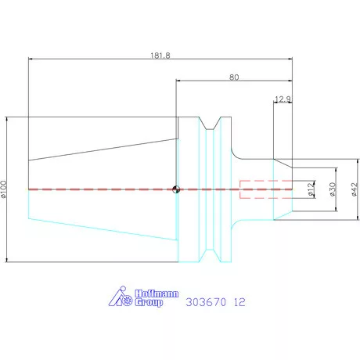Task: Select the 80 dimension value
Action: point(234,77)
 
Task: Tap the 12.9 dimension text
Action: point(283,99)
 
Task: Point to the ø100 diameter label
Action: point(6,189)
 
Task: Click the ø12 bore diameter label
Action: point(310,189)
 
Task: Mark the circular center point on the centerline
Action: point(177,189)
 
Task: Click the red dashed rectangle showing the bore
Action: point(266,189)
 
